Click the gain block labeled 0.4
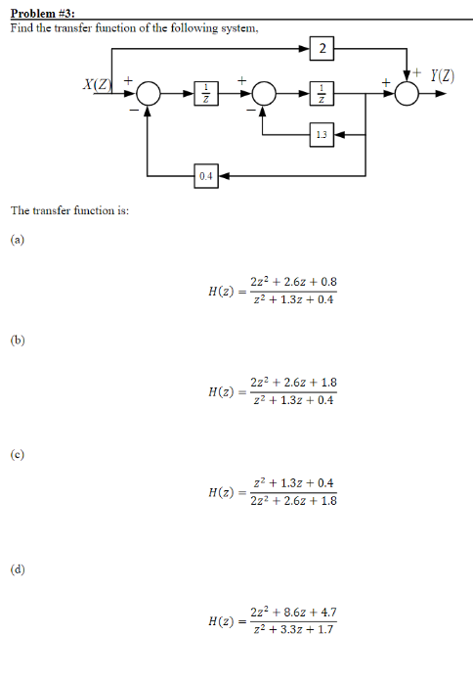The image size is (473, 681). point(204,175)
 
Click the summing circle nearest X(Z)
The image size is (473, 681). point(148,93)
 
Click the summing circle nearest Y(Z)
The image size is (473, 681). point(408,93)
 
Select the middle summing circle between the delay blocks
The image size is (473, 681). point(263,93)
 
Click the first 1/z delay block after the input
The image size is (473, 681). point(205,93)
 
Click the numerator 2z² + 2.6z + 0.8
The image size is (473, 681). point(293,282)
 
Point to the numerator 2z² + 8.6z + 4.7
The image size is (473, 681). point(293,613)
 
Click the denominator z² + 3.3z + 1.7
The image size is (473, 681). point(293,629)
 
